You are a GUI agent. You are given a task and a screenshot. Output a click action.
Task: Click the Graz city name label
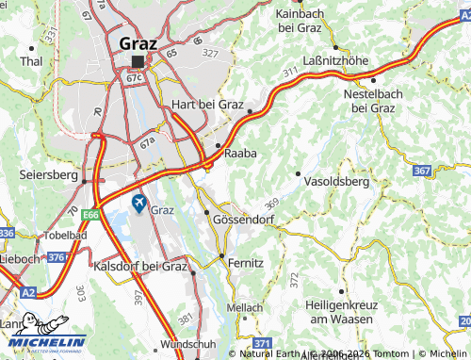coord(139,42)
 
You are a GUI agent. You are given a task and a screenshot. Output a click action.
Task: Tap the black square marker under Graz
coord(138,61)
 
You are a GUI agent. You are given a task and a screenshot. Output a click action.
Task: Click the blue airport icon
coord(139,204)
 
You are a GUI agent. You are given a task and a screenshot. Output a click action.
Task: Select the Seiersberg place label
coord(48,175)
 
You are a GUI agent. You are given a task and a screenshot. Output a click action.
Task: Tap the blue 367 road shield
coord(423,171)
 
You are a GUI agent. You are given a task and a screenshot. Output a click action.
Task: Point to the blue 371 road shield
coord(264,344)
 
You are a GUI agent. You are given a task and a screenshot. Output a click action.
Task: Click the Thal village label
coord(32,61)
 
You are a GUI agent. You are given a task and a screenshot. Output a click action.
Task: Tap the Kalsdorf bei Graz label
coord(141,267)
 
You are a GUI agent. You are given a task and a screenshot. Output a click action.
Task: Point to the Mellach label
coord(245,307)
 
